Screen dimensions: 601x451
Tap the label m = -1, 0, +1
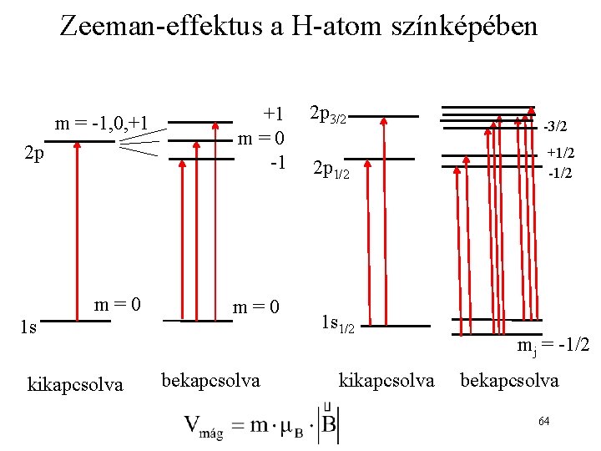click(x=101, y=124)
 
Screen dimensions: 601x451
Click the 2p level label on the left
click(x=34, y=154)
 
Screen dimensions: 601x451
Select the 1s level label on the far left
click(x=28, y=328)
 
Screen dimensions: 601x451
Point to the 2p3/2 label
click(x=328, y=114)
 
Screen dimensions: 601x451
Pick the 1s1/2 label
click(x=338, y=325)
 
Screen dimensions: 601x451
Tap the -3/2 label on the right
click(x=555, y=127)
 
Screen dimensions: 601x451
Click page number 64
click(x=543, y=421)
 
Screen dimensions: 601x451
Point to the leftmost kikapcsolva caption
click(x=75, y=384)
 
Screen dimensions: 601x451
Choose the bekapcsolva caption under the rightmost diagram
click(x=509, y=381)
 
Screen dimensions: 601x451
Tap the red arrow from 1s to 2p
click(x=76, y=231)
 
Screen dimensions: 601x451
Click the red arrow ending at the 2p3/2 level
click(x=384, y=220)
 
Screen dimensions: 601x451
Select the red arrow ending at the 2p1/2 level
click(x=364, y=241)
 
